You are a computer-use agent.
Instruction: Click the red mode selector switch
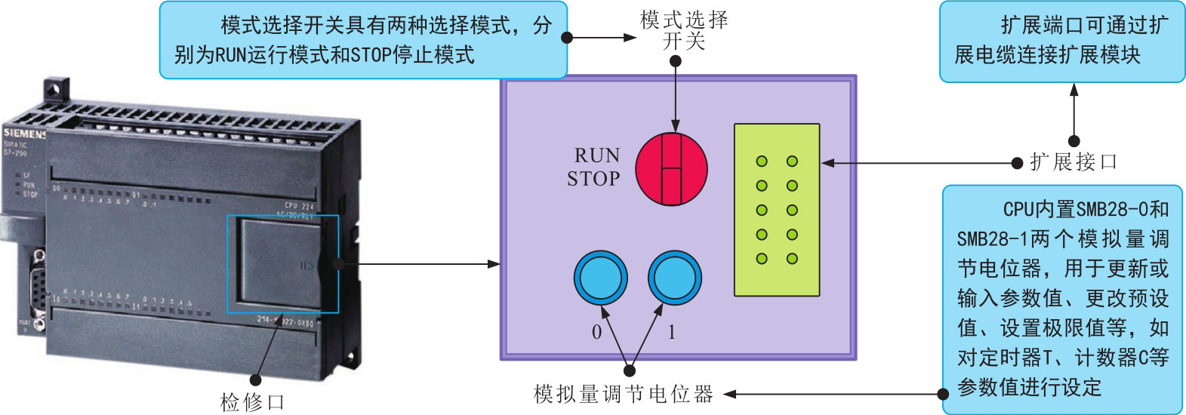671,170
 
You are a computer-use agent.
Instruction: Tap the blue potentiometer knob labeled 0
600,278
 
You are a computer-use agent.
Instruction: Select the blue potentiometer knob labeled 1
674,278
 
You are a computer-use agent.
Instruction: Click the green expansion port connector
777,210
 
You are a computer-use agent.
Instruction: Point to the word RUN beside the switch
596,155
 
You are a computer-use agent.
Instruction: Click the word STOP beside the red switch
593,179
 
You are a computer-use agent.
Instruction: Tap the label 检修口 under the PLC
252,401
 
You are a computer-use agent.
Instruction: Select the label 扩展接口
1073,161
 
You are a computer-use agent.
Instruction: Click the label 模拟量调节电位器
623,394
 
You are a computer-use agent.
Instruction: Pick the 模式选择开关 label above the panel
684,30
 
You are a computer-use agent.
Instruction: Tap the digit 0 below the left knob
596,332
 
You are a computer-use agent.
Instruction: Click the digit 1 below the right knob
671,332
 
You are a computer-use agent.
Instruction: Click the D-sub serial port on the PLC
38,287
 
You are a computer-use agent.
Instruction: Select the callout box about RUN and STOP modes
362,40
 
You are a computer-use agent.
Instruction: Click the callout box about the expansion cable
1061,41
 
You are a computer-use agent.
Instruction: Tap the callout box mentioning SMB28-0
1062,298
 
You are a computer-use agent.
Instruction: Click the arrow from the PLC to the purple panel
423,264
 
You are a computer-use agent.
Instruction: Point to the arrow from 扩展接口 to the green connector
921,163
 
